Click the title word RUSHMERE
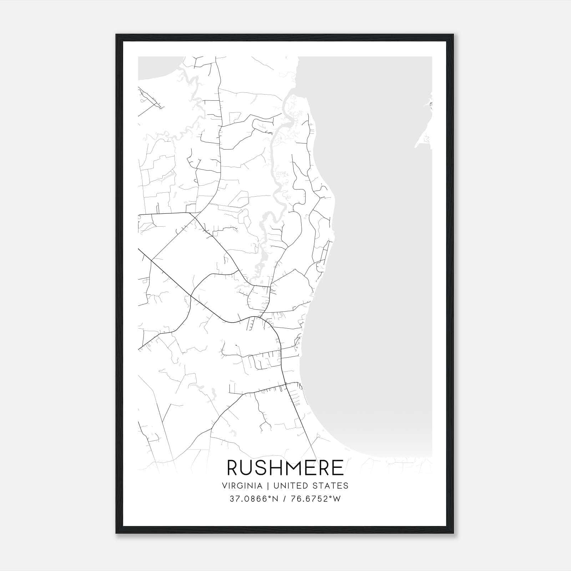[x=285, y=468]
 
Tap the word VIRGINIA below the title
[x=242, y=486]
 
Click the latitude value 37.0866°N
[x=253, y=499]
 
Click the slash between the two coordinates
[x=284, y=499]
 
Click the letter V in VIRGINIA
[x=224, y=486]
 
